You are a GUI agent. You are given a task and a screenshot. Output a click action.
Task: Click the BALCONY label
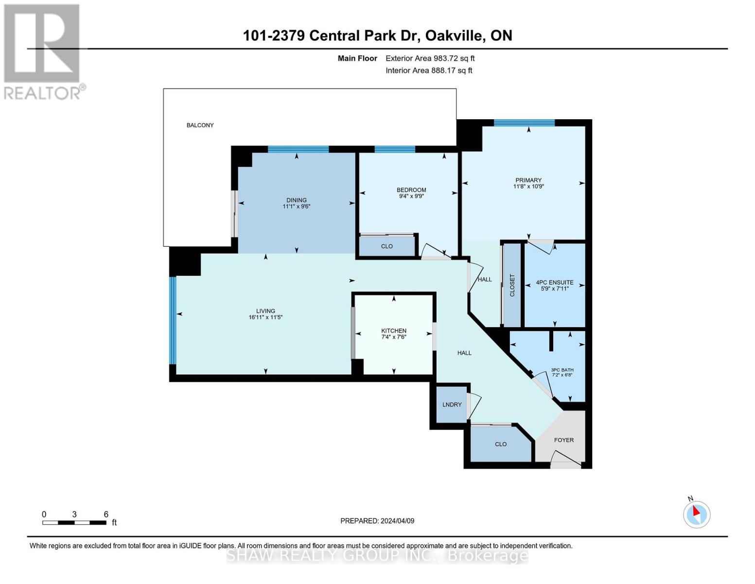[x=200, y=125]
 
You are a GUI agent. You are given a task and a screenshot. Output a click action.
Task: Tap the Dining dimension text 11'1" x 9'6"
[x=296, y=206]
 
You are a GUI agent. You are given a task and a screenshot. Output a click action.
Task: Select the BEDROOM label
[x=411, y=190]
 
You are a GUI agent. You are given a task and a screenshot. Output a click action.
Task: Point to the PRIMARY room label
[x=528, y=180]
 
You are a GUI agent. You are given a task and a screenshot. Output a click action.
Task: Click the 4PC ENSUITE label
[x=554, y=282]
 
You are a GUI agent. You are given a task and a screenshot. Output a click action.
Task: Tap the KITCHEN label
[x=393, y=331]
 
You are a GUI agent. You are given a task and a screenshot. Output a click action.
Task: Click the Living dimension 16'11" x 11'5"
[x=265, y=317]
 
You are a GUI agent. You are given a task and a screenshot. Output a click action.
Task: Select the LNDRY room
[x=452, y=404]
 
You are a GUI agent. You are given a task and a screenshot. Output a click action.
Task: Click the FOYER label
[x=564, y=440]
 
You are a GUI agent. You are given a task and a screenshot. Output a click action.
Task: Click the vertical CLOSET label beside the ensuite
[x=512, y=285]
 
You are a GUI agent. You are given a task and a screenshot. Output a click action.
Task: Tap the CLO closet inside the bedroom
[x=387, y=246]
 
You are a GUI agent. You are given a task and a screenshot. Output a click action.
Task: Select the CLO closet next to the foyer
[x=501, y=444]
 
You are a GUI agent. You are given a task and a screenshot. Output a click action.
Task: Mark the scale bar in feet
[x=74, y=523]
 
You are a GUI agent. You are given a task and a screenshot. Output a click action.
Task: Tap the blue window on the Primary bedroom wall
[x=524, y=123]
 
